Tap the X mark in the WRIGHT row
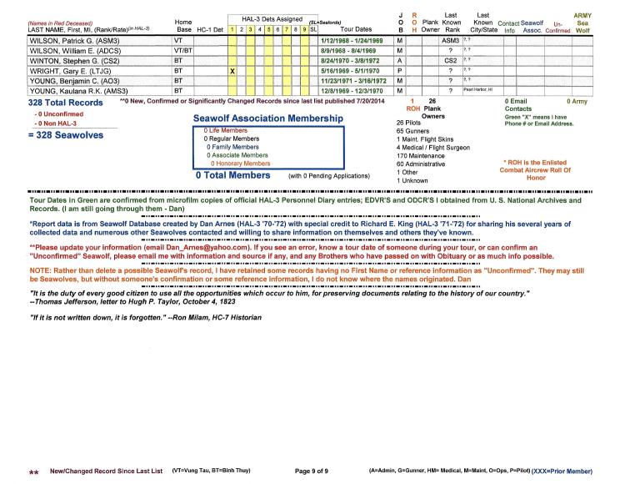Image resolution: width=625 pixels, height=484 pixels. [x=233, y=72]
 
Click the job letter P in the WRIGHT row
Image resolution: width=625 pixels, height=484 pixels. [x=402, y=72]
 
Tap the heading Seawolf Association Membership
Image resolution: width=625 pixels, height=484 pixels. [x=267, y=119]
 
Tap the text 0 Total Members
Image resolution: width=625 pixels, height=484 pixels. [x=232, y=176]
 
